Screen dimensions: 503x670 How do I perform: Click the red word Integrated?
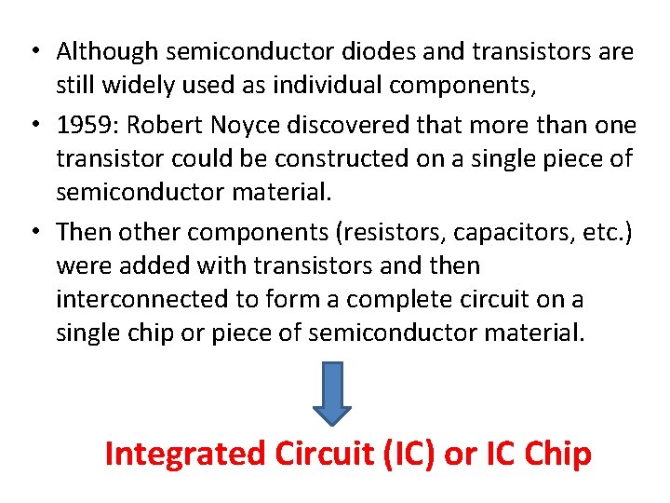click(185, 454)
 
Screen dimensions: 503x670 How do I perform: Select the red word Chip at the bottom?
click(557, 454)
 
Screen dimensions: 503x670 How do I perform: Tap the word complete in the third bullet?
click(440, 299)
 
